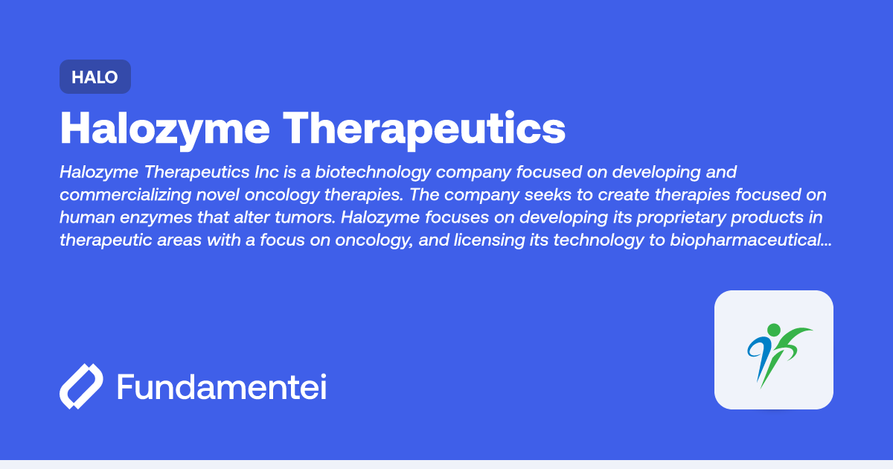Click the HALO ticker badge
[95, 77]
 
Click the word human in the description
[85, 218]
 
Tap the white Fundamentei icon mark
[80, 386]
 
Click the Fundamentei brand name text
[222, 387]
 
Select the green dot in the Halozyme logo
[774, 330]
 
